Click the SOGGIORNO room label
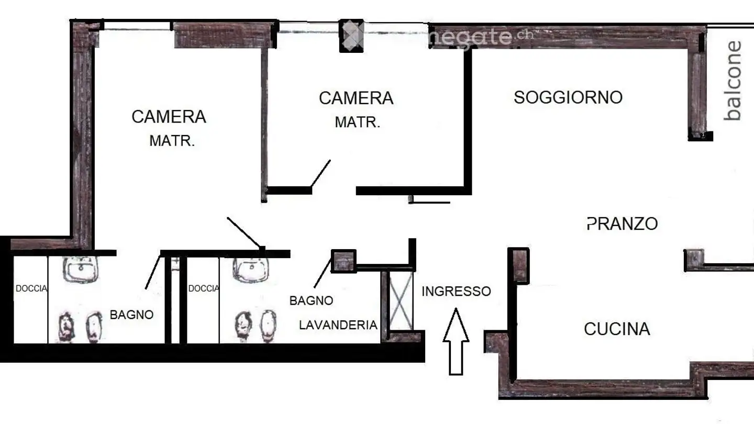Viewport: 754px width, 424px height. pos(568,97)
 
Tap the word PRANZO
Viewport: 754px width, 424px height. pos(622,224)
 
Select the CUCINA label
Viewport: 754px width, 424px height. pos(616,329)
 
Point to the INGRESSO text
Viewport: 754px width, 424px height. pos(456,291)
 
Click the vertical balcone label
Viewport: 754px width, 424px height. pos(734,81)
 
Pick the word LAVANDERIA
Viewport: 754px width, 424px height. pos(338,325)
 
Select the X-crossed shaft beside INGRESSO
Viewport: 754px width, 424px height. pos(401,301)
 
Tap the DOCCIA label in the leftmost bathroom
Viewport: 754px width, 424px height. pos(31,288)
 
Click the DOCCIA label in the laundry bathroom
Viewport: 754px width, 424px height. pos(203,288)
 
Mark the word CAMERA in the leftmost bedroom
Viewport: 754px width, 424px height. pos(169,116)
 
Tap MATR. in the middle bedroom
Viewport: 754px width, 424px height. pos(357,122)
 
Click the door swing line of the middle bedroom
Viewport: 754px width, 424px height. pos(320,173)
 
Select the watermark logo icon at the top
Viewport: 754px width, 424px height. pos(351,36)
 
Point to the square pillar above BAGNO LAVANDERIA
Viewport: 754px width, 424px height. pos(343,261)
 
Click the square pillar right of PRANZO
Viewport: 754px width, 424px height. pos(694,259)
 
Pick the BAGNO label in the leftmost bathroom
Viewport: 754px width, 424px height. pos(131,315)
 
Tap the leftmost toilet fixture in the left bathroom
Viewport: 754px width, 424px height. pos(65,327)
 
